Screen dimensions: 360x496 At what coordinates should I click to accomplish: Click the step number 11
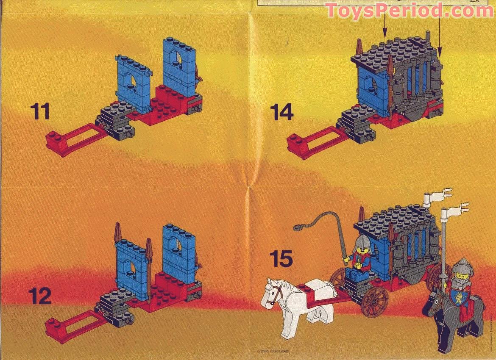[40, 111]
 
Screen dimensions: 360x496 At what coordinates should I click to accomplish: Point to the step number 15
[281, 259]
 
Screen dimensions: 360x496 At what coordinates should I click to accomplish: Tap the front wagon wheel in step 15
[375, 301]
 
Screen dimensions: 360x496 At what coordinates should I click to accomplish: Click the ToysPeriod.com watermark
[410, 10]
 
